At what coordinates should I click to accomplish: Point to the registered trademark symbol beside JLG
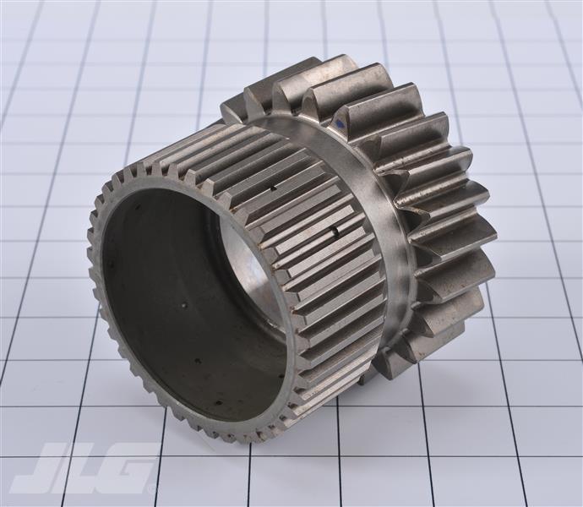tap(152, 489)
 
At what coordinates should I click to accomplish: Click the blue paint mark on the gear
tap(340, 124)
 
